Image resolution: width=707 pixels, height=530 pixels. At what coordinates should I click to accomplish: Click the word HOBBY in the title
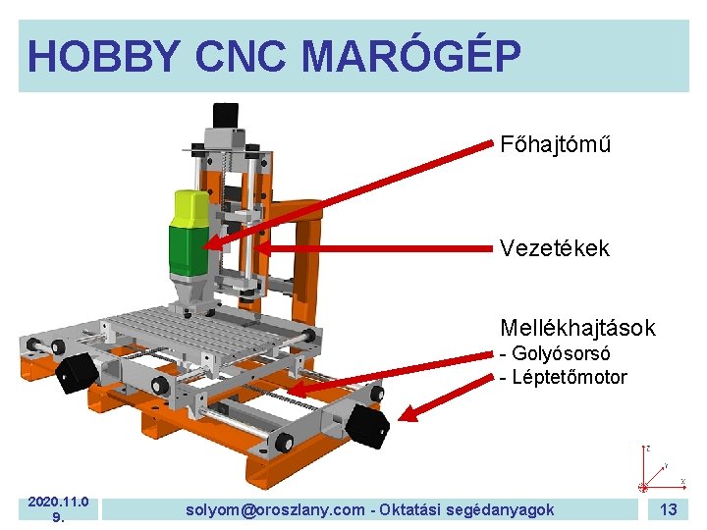click(104, 56)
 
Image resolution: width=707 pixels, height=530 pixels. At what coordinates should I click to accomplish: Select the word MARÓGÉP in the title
click(410, 56)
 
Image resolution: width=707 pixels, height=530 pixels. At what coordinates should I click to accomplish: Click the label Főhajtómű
click(555, 144)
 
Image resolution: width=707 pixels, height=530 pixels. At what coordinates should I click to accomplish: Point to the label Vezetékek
click(554, 248)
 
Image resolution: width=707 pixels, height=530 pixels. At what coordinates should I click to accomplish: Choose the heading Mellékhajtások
click(577, 327)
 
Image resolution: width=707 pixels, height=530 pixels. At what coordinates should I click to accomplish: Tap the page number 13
click(669, 508)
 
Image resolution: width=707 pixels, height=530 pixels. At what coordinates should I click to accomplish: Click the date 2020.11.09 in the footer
click(58, 509)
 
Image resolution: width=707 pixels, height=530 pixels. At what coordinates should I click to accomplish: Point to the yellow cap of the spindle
click(191, 207)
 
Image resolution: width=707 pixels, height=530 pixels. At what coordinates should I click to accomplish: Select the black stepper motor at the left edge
click(77, 373)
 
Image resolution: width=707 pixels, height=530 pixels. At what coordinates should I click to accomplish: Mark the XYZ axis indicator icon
click(652, 472)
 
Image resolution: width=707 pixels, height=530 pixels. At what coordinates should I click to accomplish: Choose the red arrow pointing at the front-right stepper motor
click(448, 393)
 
